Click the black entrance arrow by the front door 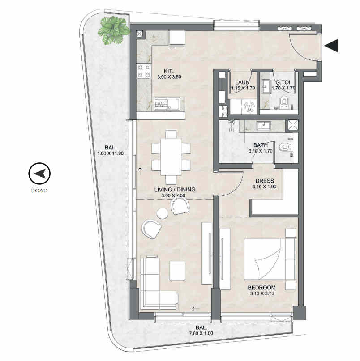pyautogui.click(x=332, y=46)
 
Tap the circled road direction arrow pyautogui.click(x=39, y=174)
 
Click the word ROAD pyautogui.click(x=39, y=191)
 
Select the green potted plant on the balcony pyautogui.click(x=113, y=30)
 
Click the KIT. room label pyautogui.click(x=169, y=71)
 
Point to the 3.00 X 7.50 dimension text pyautogui.click(x=173, y=195)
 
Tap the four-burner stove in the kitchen pyautogui.click(x=144, y=71)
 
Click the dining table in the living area pyautogui.click(x=171, y=157)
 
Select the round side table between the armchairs pyautogui.click(x=163, y=213)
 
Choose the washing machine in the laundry pyautogui.click(x=249, y=106)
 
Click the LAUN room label pyautogui.click(x=242, y=82)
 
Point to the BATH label pyautogui.click(x=261, y=145)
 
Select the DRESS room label pyautogui.click(x=265, y=181)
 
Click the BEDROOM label pyautogui.click(x=261, y=288)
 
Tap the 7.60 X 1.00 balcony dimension pyautogui.click(x=201, y=333)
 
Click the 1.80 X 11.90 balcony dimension pyautogui.click(x=111, y=153)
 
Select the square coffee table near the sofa pyautogui.click(x=177, y=271)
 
